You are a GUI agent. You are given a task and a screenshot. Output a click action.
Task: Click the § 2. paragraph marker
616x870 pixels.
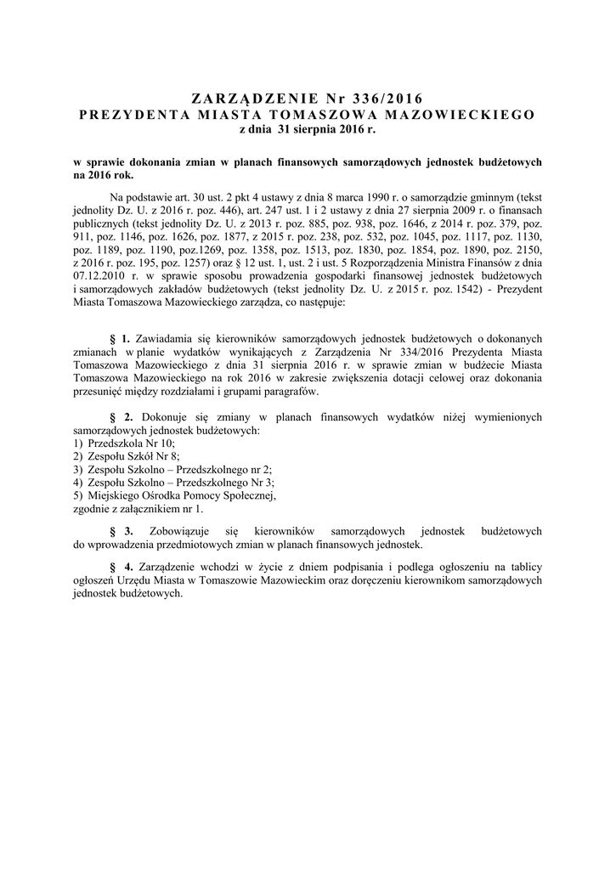(122, 418)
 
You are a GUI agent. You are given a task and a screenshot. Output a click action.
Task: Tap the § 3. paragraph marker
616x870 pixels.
(122, 531)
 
